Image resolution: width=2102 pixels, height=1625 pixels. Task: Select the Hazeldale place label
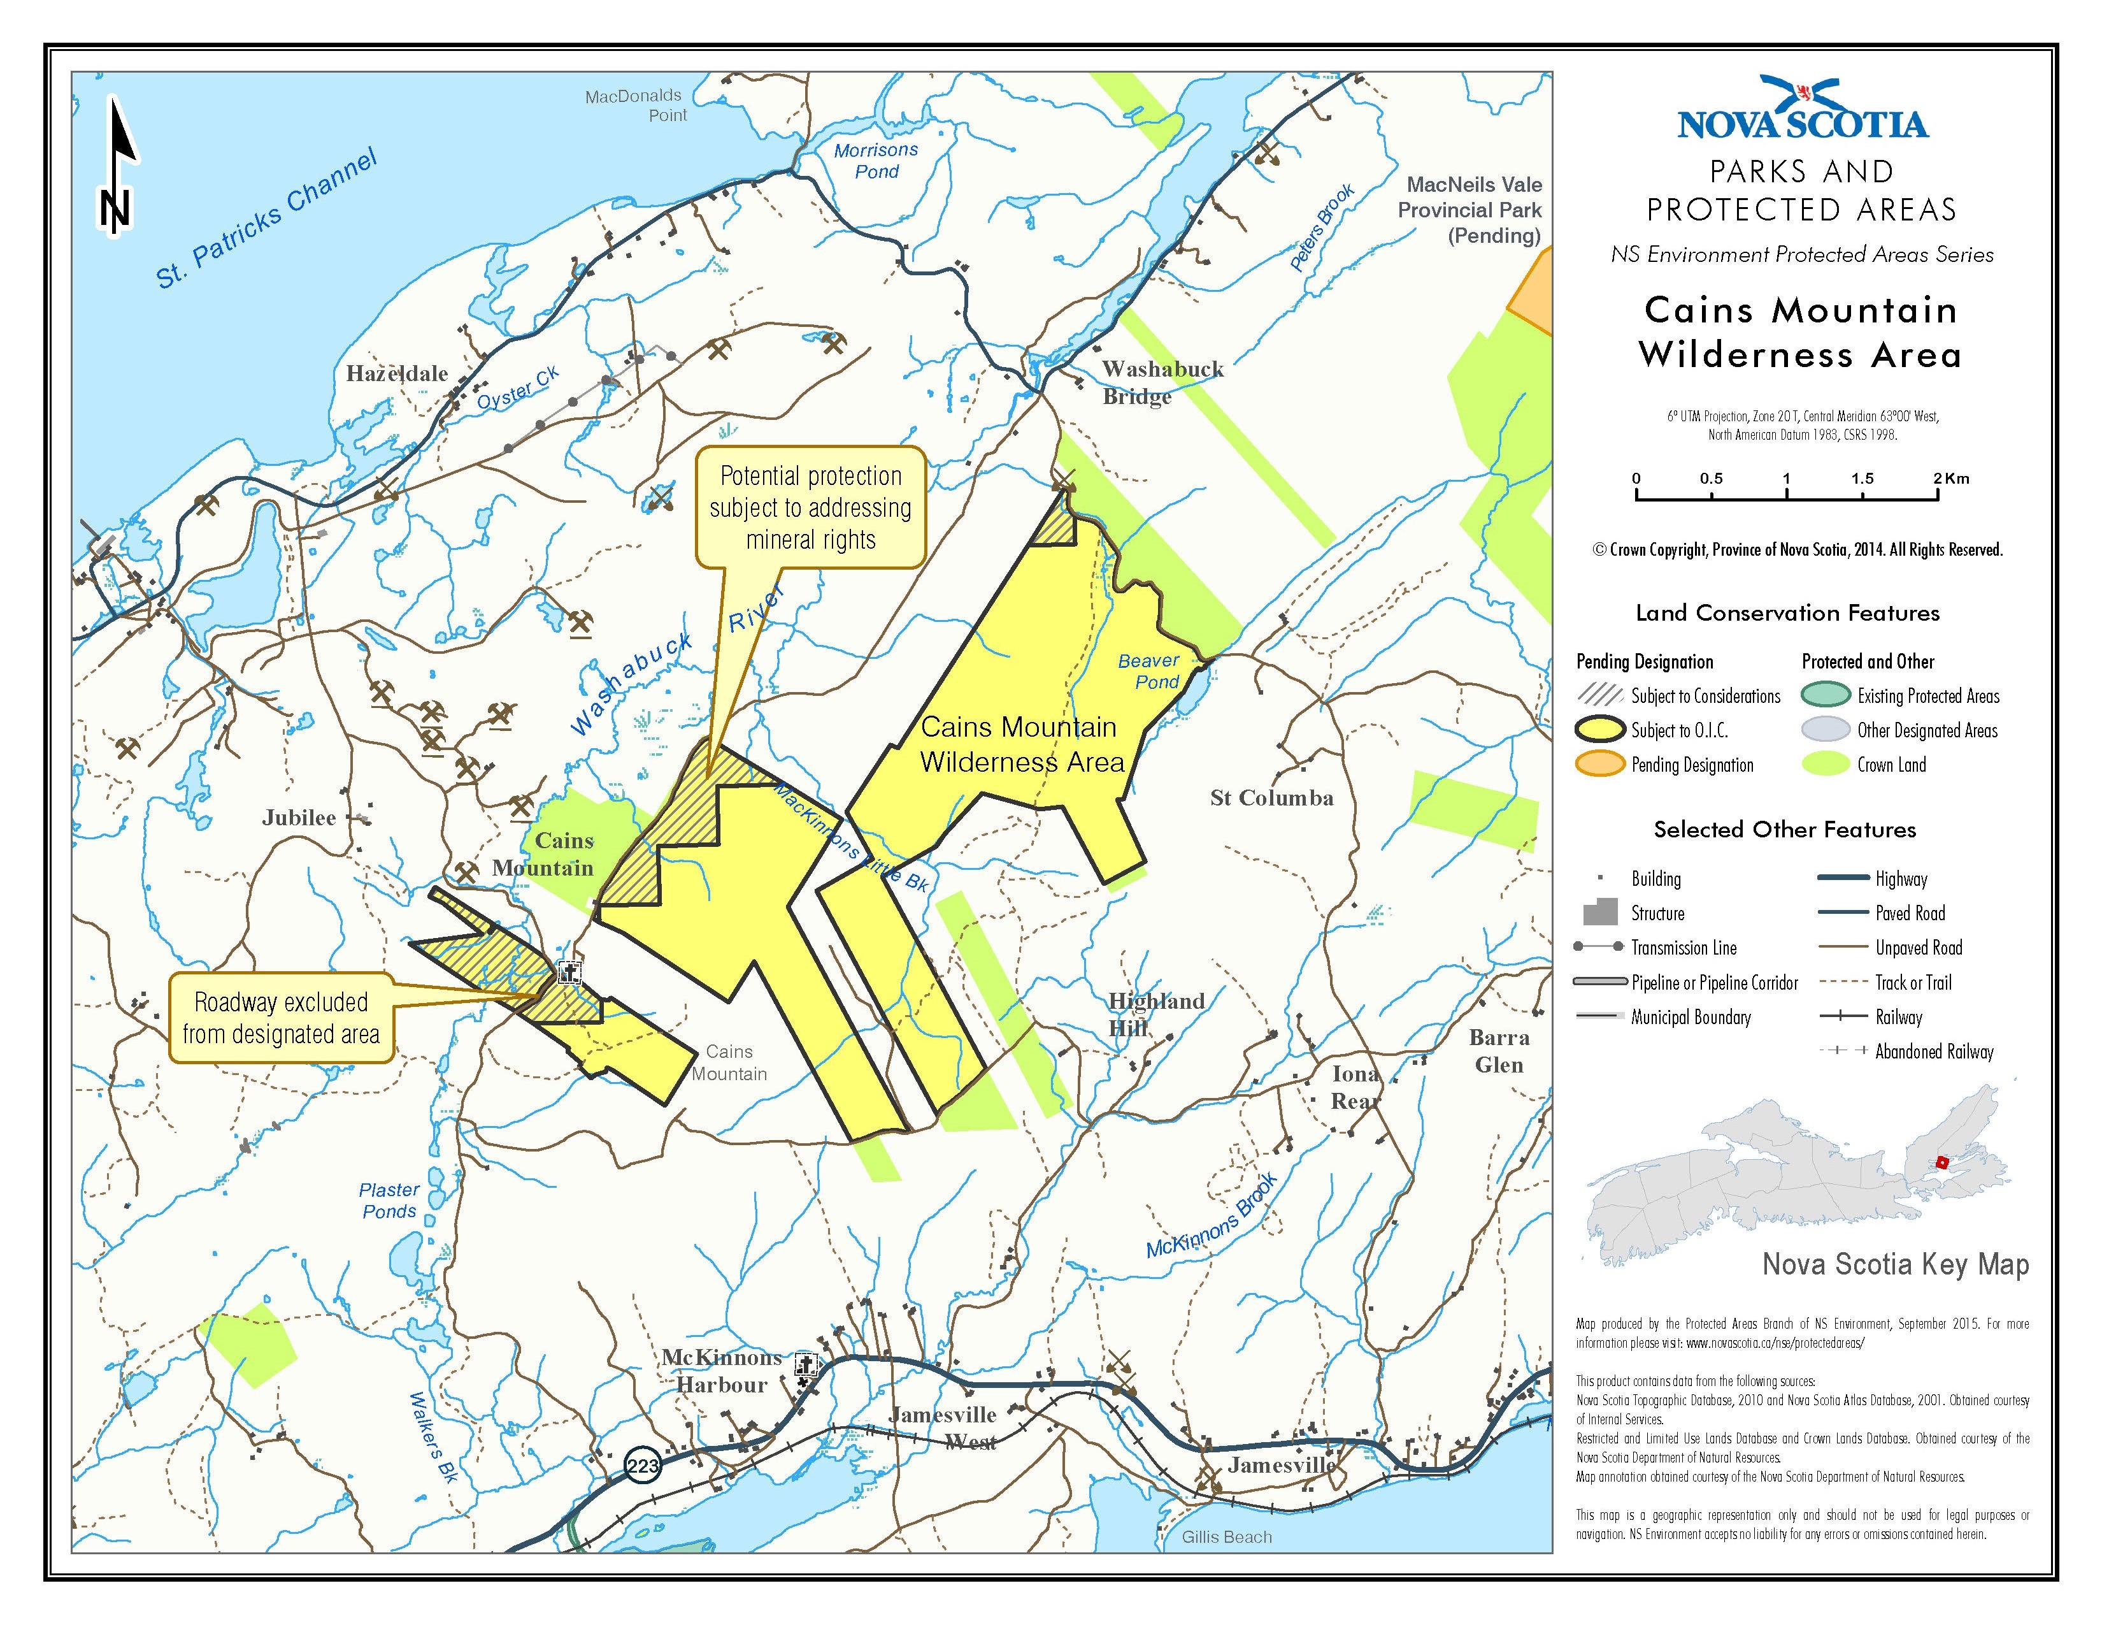(x=397, y=373)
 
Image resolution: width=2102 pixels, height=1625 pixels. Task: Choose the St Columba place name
(x=1271, y=798)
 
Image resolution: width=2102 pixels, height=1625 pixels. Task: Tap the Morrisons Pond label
(x=876, y=161)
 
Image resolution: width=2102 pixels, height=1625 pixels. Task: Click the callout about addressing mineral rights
(x=810, y=509)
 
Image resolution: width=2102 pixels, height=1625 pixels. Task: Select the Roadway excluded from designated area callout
(x=281, y=1018)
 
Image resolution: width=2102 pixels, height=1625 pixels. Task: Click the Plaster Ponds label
(x=389, y=1201)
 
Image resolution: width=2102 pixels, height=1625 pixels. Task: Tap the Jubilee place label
(x=299, y=818)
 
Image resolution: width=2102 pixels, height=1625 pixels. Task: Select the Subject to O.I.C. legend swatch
(x=1599, y=730)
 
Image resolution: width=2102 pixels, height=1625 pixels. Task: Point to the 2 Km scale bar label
(x=1950, y=479)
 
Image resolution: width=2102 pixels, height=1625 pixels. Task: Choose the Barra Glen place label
(x=1499, y=1051)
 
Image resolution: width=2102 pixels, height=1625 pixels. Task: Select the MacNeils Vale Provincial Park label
(x=1469, y=210)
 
